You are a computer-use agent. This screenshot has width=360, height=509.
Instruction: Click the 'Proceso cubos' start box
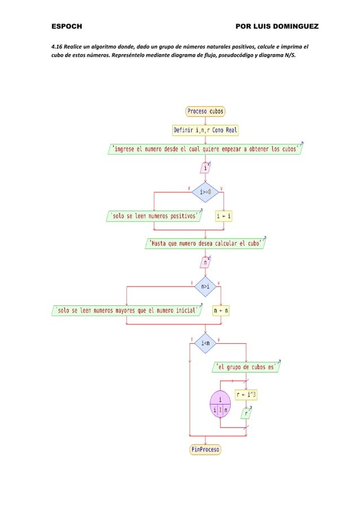point(205,112)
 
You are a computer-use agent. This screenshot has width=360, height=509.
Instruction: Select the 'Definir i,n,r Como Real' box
point(205,130)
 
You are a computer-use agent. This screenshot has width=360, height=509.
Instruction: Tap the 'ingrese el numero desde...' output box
point(205,149)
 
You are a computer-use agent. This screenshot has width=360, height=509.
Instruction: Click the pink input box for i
point(205,168)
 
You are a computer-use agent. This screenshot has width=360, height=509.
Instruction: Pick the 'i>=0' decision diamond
point(205,192)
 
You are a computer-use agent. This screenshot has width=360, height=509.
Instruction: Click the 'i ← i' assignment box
point(224,216)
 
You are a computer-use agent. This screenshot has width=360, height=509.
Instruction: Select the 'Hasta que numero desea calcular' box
point(205,244)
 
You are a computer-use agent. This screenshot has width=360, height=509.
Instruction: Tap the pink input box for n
point(205,262)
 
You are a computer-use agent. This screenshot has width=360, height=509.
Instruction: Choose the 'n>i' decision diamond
point(205,287)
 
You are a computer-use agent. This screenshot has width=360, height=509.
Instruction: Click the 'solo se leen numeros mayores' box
point(126,311)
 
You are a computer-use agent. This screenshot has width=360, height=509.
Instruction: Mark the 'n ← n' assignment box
point(221,311)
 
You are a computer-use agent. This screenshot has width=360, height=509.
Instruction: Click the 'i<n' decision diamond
point(205,342)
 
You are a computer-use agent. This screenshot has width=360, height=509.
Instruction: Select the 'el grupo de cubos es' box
point(247,367)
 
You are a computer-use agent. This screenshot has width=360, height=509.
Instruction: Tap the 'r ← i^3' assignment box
point(247,394)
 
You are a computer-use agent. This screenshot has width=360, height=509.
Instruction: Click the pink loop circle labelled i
point(220,404)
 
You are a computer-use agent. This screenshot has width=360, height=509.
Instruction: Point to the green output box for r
point(247,414)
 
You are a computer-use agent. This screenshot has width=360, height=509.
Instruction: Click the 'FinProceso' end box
point(205,450)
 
